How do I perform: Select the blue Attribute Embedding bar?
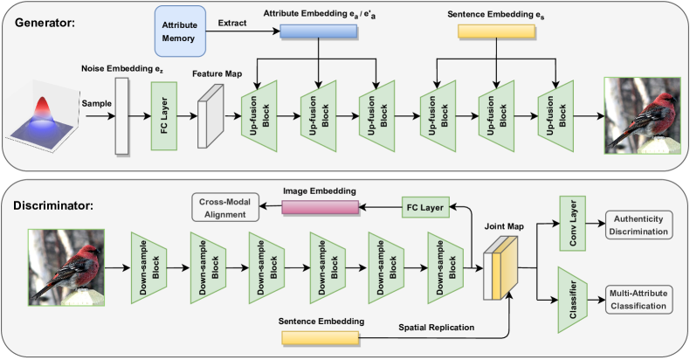pos(319,31)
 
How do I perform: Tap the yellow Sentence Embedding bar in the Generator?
pos(496,31)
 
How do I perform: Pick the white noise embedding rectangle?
pos(121,116)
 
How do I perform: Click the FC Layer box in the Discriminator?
pos(424,207)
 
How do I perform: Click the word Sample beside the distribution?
pos(97,102)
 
